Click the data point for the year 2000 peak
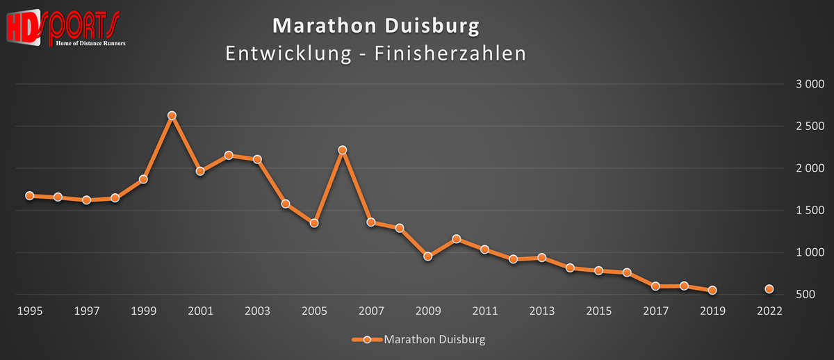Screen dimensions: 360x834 point(172,115)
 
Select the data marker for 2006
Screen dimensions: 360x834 point(342,150)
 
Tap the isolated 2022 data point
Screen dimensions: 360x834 point(769,289)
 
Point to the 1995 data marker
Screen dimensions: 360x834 point(30,196)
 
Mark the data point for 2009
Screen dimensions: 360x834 point(427,256)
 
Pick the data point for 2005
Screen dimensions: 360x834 point(314,223)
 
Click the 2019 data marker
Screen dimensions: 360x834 point(712,291)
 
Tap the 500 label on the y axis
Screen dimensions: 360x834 point(815,295)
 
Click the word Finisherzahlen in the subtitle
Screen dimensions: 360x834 point(450,54)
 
